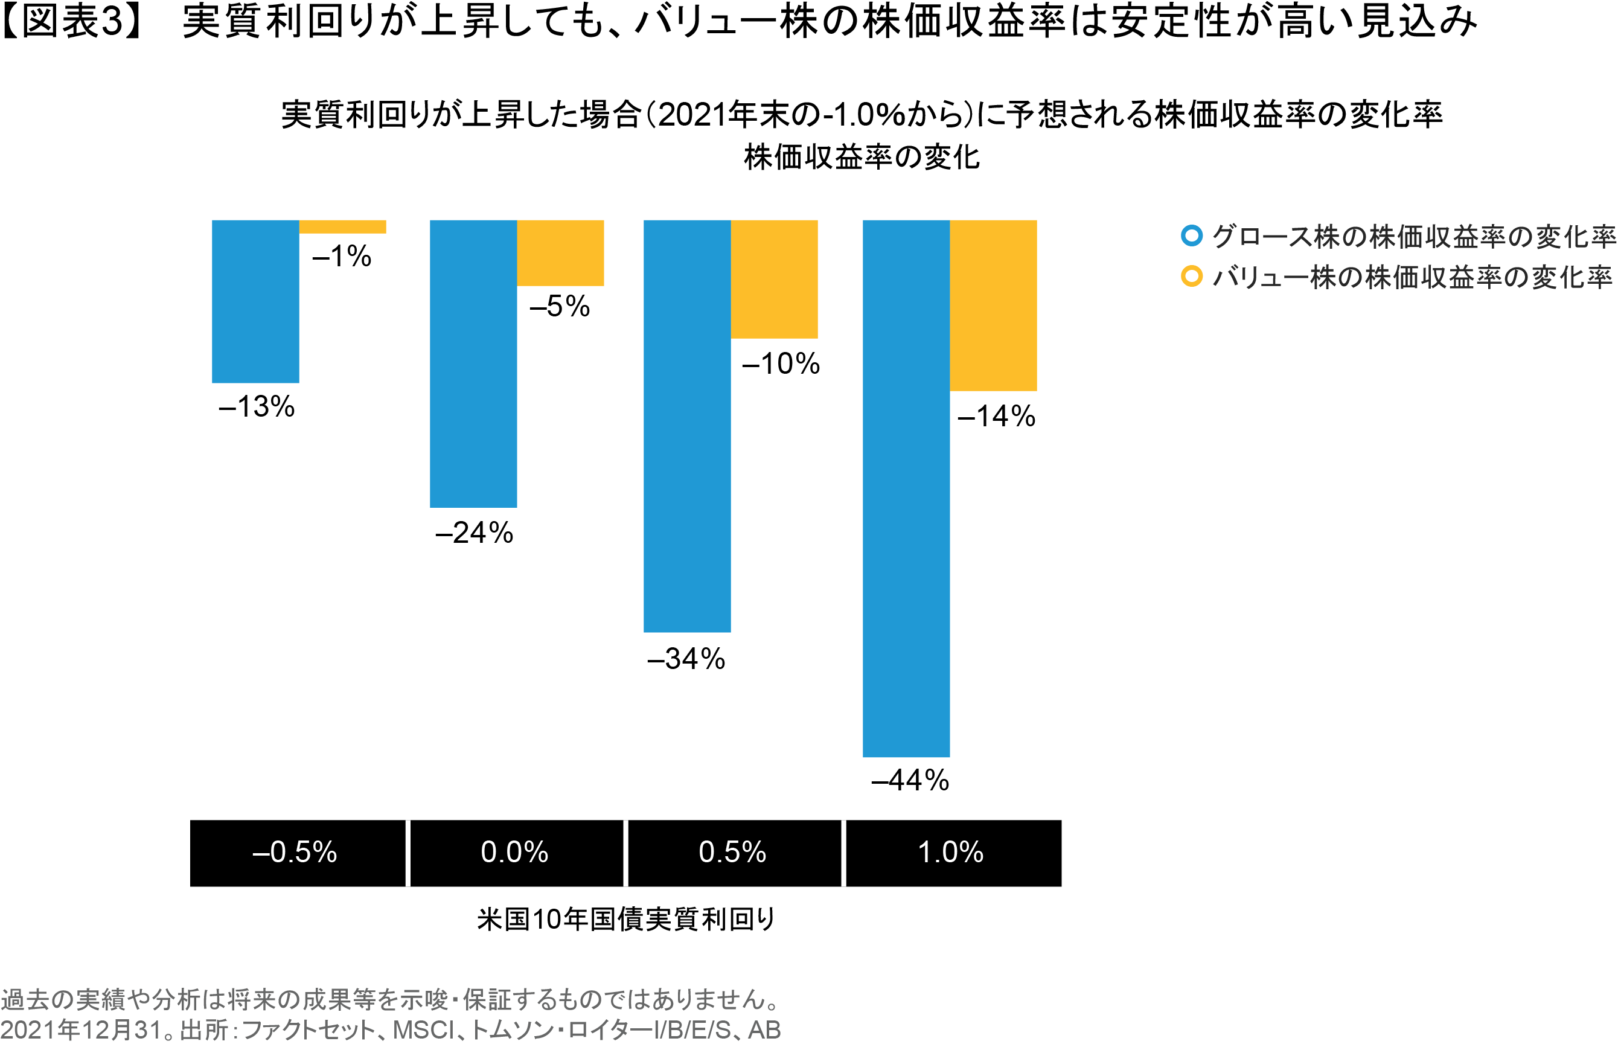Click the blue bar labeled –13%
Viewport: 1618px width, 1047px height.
point(255,301)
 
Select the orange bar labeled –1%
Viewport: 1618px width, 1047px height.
point(343,226)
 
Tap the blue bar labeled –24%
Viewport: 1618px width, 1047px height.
point(473,363)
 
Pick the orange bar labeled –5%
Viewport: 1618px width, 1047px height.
point(560,252)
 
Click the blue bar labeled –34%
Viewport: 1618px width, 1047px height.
point(686,426)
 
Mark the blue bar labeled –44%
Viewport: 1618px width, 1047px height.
point(906,488)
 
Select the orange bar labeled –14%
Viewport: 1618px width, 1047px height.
point(993,306)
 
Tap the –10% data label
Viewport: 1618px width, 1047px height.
point(781,363)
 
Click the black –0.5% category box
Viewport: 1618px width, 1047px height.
point(297,853)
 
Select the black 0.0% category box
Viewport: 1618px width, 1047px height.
point(516,853)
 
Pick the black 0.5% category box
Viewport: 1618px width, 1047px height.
point(734,853)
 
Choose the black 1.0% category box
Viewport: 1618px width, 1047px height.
point(953,853)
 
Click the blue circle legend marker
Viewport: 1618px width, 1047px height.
point(1191,235)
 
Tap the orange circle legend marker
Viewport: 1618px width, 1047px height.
point(1191,276)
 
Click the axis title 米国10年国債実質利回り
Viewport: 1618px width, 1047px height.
point(625,919)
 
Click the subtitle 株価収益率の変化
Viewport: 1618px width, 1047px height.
point(862,157)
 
